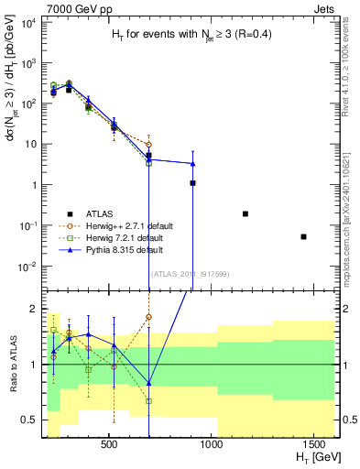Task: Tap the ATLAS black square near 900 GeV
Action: [192, 183]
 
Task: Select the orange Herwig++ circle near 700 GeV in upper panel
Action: [148, 145]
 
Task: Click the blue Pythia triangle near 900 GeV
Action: [192, 164]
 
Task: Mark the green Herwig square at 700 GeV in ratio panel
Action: [148, 401]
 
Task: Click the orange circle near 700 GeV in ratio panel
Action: [148, 317]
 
